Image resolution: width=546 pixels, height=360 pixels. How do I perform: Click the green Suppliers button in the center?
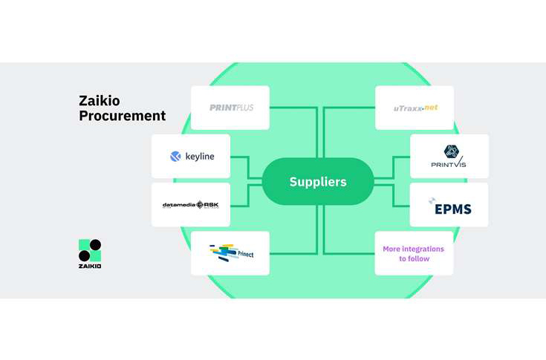click(318, 182)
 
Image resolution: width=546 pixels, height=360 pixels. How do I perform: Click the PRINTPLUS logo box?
click(230, 108)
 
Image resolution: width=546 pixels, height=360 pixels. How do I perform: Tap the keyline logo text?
click(200, 157)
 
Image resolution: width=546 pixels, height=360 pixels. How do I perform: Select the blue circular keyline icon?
click(175, 157)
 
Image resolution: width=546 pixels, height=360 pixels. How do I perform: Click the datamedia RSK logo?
click(191, 205)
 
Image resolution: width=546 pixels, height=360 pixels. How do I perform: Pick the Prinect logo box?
click(230, 253)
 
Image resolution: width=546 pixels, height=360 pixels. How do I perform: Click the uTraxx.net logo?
click(415, 108)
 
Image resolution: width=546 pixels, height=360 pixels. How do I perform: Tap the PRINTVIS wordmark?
click(449, 164)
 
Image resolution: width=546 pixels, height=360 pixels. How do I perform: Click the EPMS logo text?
click(454, 209)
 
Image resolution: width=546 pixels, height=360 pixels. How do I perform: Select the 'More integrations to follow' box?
click(414, 253)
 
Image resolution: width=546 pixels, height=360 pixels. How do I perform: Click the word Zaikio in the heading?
click(99, 102)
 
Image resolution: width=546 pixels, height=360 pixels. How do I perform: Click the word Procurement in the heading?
click(122, 117)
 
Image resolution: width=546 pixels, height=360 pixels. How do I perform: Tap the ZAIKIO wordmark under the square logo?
click(90, 266)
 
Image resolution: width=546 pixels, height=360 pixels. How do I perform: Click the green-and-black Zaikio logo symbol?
click(90, 250)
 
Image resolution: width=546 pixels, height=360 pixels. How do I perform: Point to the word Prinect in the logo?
click(242, 255)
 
